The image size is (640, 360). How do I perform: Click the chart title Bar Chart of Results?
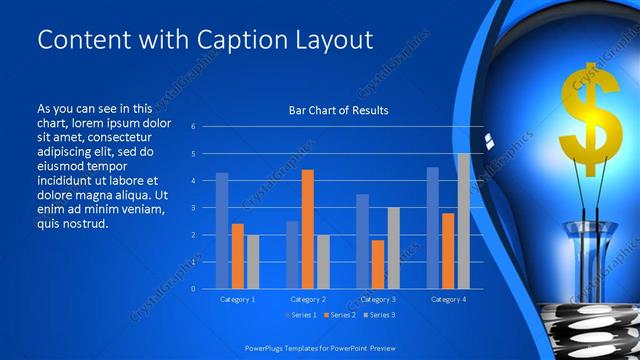coord(338,110)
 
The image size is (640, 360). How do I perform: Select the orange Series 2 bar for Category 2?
coord(307,229)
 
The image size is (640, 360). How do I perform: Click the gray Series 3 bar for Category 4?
coord(463,221)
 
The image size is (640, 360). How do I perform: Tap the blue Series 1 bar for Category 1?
coord(222,230)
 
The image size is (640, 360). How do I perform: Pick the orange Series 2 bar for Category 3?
coord(378,264)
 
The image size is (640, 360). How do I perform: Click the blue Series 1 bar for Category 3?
coord(362,241)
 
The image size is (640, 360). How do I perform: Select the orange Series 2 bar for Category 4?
coord(448,250)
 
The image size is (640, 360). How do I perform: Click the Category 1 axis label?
coord(237,299)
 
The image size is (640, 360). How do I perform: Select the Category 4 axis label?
coord(448,299)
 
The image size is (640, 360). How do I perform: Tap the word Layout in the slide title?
coord(336,40)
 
